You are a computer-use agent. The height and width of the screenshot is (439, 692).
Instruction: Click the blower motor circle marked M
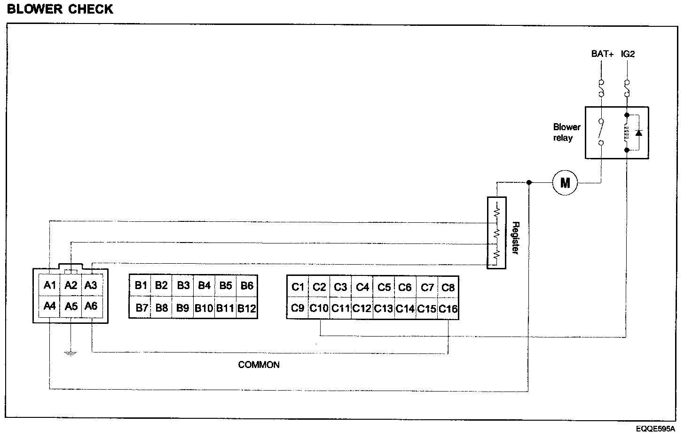565,182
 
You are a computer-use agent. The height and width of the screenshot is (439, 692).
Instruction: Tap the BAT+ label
602,54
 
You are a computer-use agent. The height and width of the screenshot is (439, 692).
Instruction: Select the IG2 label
628,54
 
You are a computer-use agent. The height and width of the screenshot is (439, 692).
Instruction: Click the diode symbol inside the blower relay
638,133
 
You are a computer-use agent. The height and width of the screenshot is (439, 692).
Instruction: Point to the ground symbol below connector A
70,353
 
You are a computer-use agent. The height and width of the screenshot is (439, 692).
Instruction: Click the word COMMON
259,365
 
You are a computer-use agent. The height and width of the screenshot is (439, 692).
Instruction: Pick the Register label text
515,238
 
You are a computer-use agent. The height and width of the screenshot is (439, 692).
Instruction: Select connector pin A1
50,285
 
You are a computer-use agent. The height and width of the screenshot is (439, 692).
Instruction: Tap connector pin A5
71,306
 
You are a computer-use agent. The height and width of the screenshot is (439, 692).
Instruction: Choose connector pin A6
91,306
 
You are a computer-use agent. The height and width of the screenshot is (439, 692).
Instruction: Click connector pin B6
247,285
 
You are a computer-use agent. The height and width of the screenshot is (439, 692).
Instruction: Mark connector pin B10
204,308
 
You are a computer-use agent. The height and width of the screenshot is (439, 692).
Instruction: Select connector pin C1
298,287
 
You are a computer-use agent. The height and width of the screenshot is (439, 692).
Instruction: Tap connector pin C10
319,309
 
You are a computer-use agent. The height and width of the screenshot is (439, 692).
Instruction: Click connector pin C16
448,309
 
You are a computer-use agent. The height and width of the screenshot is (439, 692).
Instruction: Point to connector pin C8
448,287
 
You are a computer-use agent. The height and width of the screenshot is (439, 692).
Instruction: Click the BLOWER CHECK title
60,9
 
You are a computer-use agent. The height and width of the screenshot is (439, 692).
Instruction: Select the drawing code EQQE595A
655,429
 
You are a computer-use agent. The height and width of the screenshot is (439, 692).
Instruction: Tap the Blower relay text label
566,133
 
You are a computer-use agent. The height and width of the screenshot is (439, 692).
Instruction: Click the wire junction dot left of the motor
529,182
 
